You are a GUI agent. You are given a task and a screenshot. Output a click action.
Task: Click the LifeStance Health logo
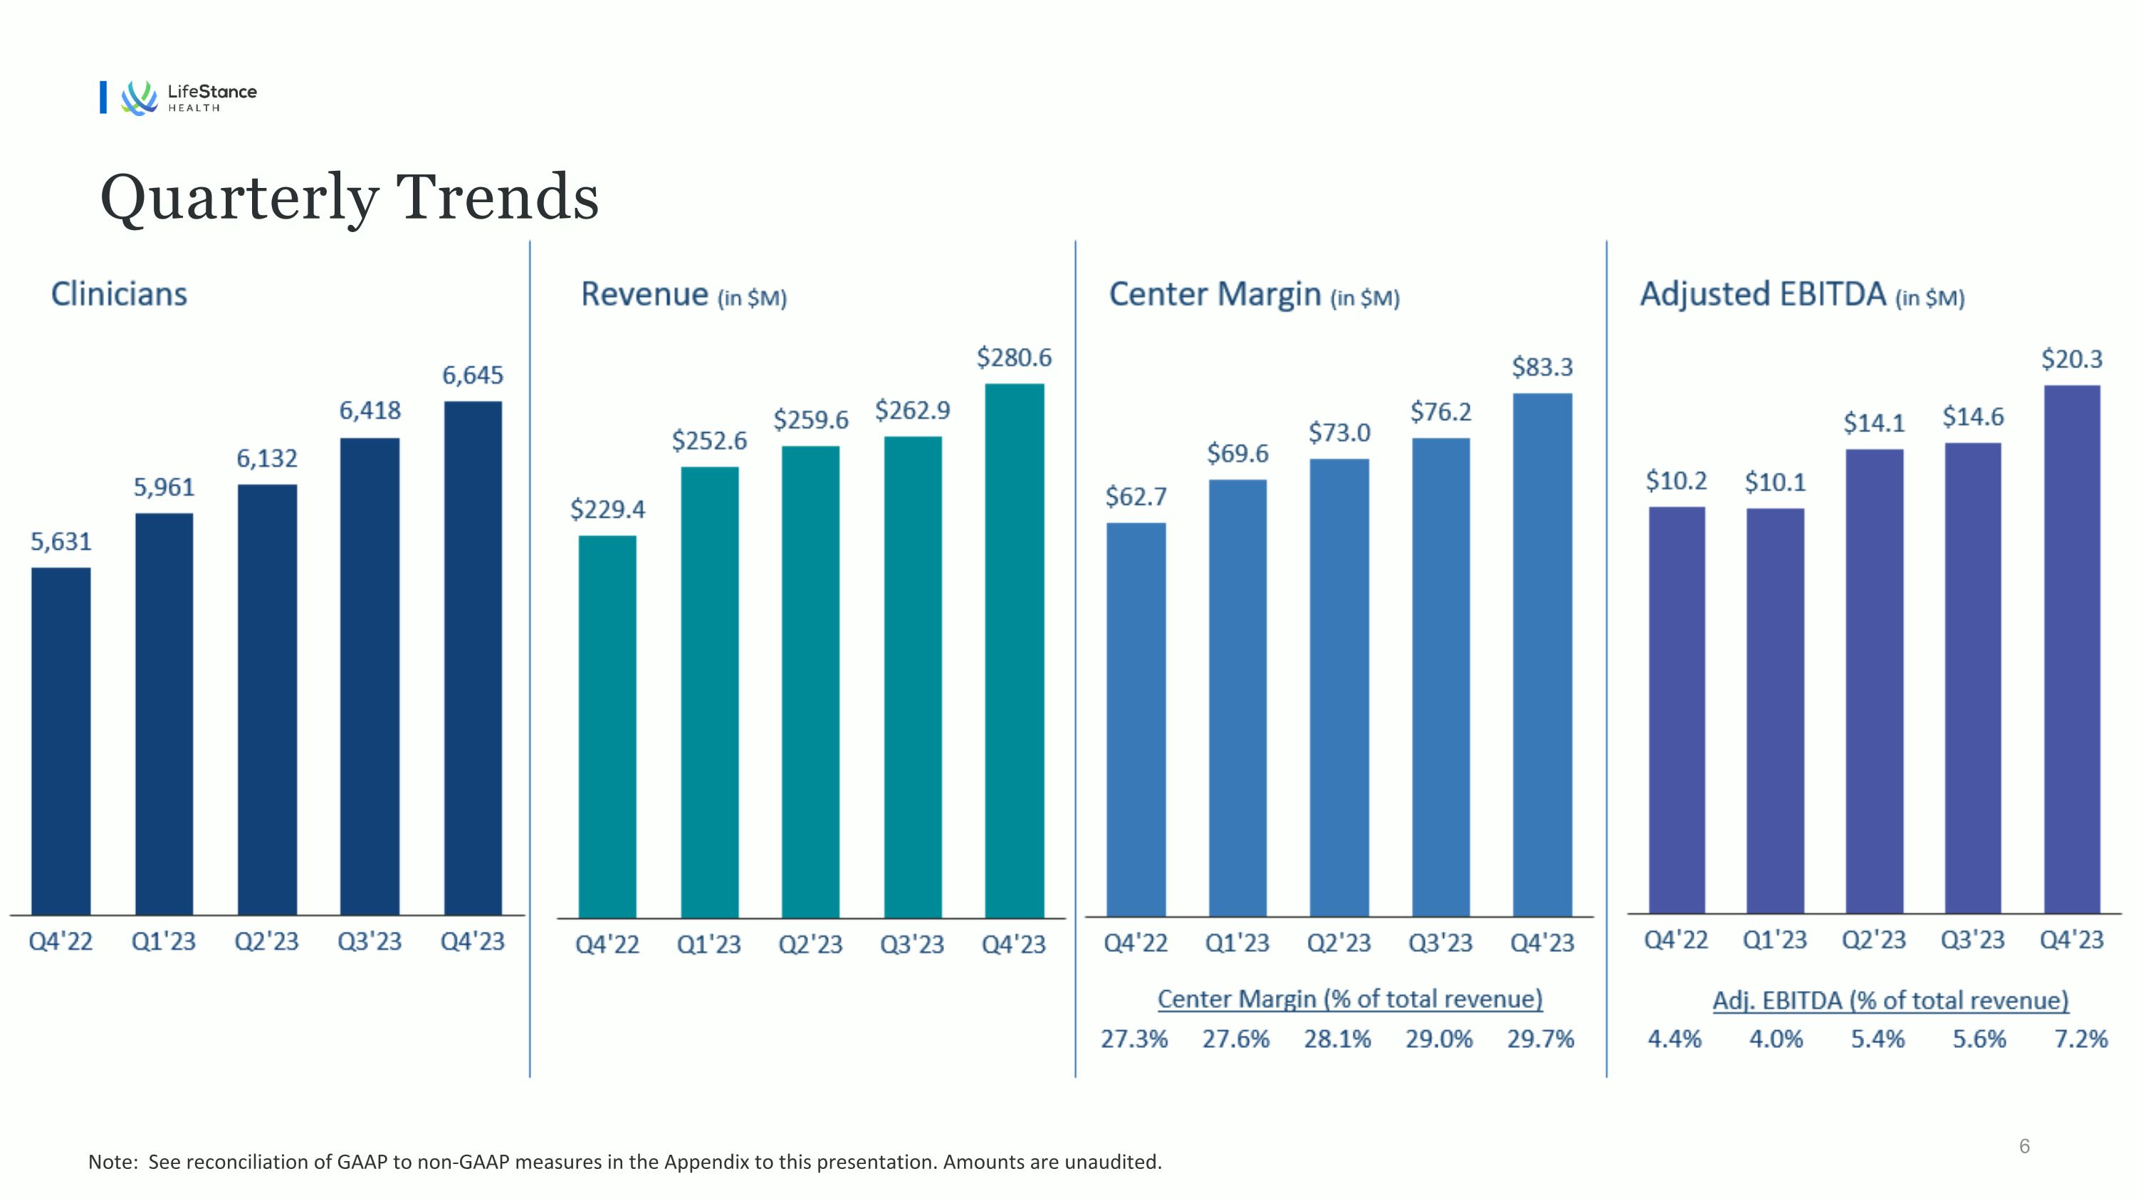(189, 97)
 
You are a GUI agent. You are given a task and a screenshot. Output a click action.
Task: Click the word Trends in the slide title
(498, 197)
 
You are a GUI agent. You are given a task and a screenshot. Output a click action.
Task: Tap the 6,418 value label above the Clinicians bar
(370, 410)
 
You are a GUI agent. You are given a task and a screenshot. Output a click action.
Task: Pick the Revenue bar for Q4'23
(1014, 650)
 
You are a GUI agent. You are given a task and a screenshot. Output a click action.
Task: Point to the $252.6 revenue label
(709, 440)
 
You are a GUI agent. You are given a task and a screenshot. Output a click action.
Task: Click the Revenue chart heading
(684, 295)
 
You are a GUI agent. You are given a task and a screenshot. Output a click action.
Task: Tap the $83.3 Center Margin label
(1542, 367)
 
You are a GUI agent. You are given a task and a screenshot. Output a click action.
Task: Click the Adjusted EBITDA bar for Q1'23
(1775, 710)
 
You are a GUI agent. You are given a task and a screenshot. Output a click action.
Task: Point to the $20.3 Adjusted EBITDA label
(2071, 359)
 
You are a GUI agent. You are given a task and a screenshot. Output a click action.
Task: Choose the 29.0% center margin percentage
(1439, 1039)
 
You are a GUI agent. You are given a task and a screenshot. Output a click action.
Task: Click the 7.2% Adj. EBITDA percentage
(2080, 1039)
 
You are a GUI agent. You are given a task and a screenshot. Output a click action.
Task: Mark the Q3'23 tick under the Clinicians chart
(369, 942)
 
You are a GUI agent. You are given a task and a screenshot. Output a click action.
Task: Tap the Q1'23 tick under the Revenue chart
(709, 944)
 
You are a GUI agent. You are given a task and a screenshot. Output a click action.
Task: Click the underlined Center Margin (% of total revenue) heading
(1350, 999)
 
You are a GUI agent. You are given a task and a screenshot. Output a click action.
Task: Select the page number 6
(2024, 1146)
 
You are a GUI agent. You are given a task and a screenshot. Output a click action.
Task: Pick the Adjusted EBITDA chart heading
(1802, 295)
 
